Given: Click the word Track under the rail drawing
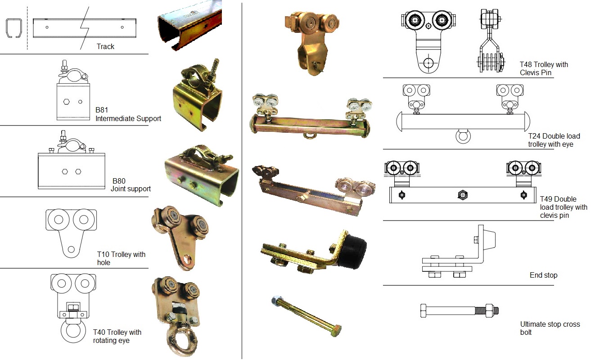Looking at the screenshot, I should pyautogui.click(x=105, y=46).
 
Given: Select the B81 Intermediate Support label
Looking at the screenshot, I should pyautogui.click(x=128, y=114).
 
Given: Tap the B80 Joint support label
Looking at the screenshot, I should pyautogui.click(x=131, y=184).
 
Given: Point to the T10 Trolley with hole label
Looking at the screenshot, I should pyautogui.click(x=121, y=258).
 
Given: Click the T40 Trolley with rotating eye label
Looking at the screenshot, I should pyautogui.click(x=117, y=336).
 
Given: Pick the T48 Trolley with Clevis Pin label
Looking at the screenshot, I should pyautogui.click(x=544, y=68).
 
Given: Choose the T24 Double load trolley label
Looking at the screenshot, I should pyautogui.click(x=554, y=140).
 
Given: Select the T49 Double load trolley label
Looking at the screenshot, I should pyautogui.click(x=563, y=207).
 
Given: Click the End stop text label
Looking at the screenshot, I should pyautogui.click(x=543, y=275).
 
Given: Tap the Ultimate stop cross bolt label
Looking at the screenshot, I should pyautogui.click(x=550, y=328).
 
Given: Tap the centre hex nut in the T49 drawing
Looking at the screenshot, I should pyautogui.click(x=462, y=195).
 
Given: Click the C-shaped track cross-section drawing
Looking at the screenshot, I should pyautogui.click(x=14, y=29).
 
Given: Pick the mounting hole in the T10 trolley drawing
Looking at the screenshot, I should pyautogui.click(x=71, y=249).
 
